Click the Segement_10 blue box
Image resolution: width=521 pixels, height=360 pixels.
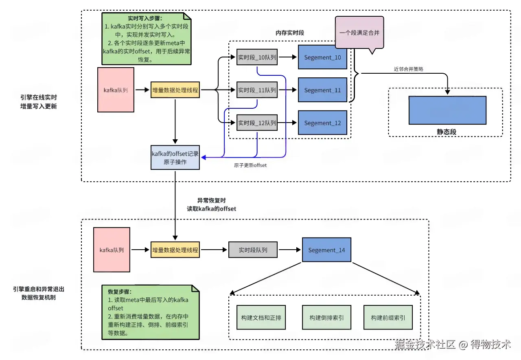tap(322, 57)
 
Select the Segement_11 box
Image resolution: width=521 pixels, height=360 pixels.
tap(322, 90)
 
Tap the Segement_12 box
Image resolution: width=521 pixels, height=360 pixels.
tap(322, 123)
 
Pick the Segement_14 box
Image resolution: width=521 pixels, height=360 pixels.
tap(326, 250)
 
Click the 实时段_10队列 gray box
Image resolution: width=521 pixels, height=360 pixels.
tap(257, 57)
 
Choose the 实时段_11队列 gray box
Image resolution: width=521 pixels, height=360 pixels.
tap(257, 90)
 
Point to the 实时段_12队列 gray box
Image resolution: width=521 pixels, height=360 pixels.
tap(257, 123)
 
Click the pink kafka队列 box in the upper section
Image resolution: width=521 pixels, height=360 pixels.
tap(116, 90)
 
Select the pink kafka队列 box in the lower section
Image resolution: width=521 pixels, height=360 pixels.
tap(112, 250)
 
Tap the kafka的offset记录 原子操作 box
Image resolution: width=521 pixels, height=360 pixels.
tap(175, 158)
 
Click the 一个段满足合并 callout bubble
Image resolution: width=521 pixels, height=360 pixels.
tap(359, 33)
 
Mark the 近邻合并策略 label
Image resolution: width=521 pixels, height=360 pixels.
tap(408, 69)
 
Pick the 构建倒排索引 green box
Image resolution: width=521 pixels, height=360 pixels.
tap(326, 318)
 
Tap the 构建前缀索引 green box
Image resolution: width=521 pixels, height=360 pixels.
tap(387, 318)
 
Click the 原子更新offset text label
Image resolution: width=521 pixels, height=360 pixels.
tap(250, 165)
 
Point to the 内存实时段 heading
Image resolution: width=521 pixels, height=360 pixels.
tap(289, 33)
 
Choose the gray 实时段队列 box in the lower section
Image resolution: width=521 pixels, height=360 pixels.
tap(253, 250)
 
